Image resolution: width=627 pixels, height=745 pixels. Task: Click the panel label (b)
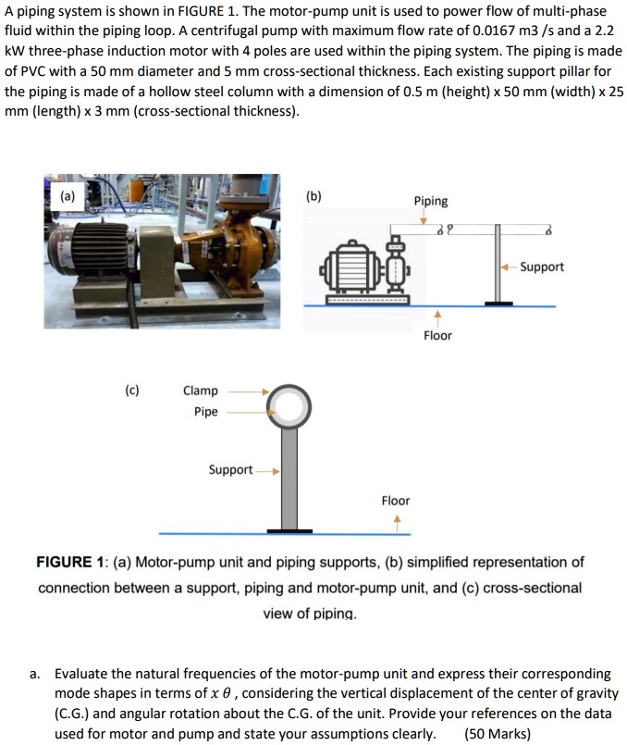click(x=314, y=196)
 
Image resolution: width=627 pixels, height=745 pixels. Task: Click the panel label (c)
click(x=133, y=391)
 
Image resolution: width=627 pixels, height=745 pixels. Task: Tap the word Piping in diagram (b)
click(x=431, y=201)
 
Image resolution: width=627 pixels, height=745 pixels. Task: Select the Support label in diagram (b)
click(x=542, y=267)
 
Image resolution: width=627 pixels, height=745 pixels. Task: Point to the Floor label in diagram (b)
click(x=437, y=335)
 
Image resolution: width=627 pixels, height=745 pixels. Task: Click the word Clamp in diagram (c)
click(x=201, y=391)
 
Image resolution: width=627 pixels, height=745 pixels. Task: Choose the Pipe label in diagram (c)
click(x=206, y=412)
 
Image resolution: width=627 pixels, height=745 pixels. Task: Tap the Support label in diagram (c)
click(x=230, y=470)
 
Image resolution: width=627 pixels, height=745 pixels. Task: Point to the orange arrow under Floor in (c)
click(x=397, y=520)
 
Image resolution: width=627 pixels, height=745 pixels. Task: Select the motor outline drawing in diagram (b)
click(x=350, y=274)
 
